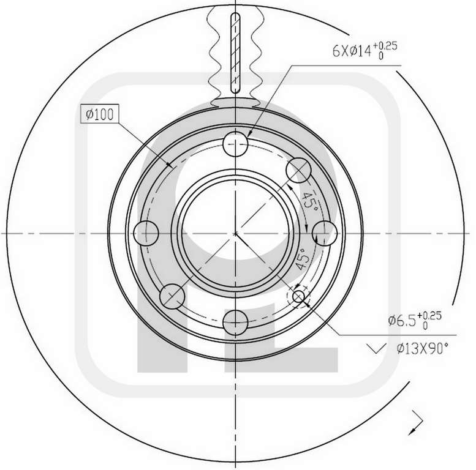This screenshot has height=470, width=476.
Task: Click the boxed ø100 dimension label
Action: (x=100, y=114)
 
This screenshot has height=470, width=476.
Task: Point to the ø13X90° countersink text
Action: (x=422, y=348)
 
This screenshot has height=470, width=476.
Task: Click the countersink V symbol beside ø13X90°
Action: (x=376, y=348)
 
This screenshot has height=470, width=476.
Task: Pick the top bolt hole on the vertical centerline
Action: (x=235, y=144)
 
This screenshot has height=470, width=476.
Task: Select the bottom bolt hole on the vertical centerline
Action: (x=235, y=323)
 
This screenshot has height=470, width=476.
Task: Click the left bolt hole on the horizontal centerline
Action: (x=146, y=233)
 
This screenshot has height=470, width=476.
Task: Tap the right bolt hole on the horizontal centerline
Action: (x=325, y=233)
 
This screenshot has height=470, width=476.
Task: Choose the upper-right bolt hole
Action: (x=299, y=170)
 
